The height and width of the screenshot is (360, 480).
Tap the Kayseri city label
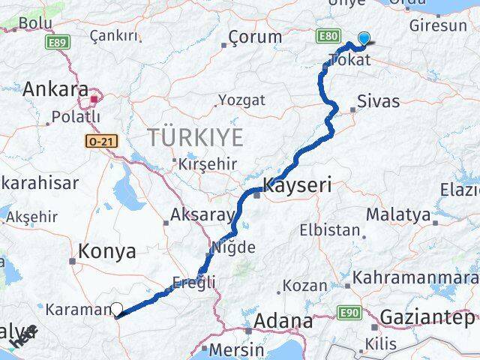(x=297, y=185)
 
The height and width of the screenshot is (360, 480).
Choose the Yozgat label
(x=241, y=100)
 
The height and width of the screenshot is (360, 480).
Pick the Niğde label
(x=234, y=247)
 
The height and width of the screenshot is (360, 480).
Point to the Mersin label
(x=237, y=349)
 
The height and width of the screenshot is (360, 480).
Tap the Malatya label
(x=405, y=215)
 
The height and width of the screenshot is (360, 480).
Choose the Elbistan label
(x=329, y=230)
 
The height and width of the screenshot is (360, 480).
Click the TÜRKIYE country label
(x=195, y=137)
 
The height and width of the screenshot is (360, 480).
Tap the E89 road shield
(x=54, y=44)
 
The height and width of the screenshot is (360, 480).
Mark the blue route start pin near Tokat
(x=364, y=40)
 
